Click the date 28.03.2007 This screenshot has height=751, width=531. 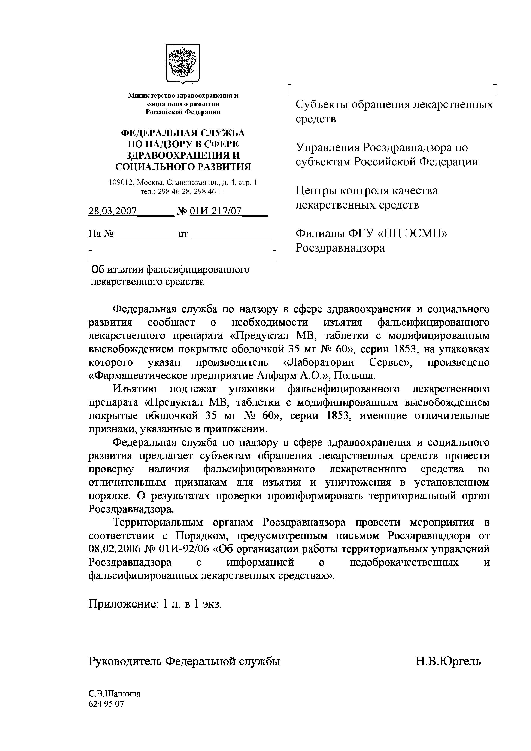point(113,211)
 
